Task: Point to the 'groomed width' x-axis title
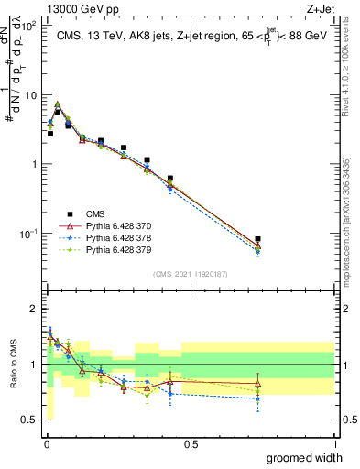pyautogui.click(x=306, y=458)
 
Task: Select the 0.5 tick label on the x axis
pyautogui.click(x=191, y=444)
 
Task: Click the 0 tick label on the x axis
pyautogui.click(x=47, y=444)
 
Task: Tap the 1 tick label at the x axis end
pyautogui.click(x=334, y=444)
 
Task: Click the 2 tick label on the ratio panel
pyautogui.click(x=34, y=309)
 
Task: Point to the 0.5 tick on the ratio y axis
pyautogui.click(x=29, y=421)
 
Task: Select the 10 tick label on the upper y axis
pyautogui.click(x=30, y=95)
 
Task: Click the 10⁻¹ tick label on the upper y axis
pyautogui.click(x=28, y=234)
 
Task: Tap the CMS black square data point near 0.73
pyautogui.click(x=258, y=239)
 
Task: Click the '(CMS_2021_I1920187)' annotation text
pyautogui.click(x=190, y=273)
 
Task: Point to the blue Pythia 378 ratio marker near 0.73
pyautogui.click(x=258, y=398)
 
